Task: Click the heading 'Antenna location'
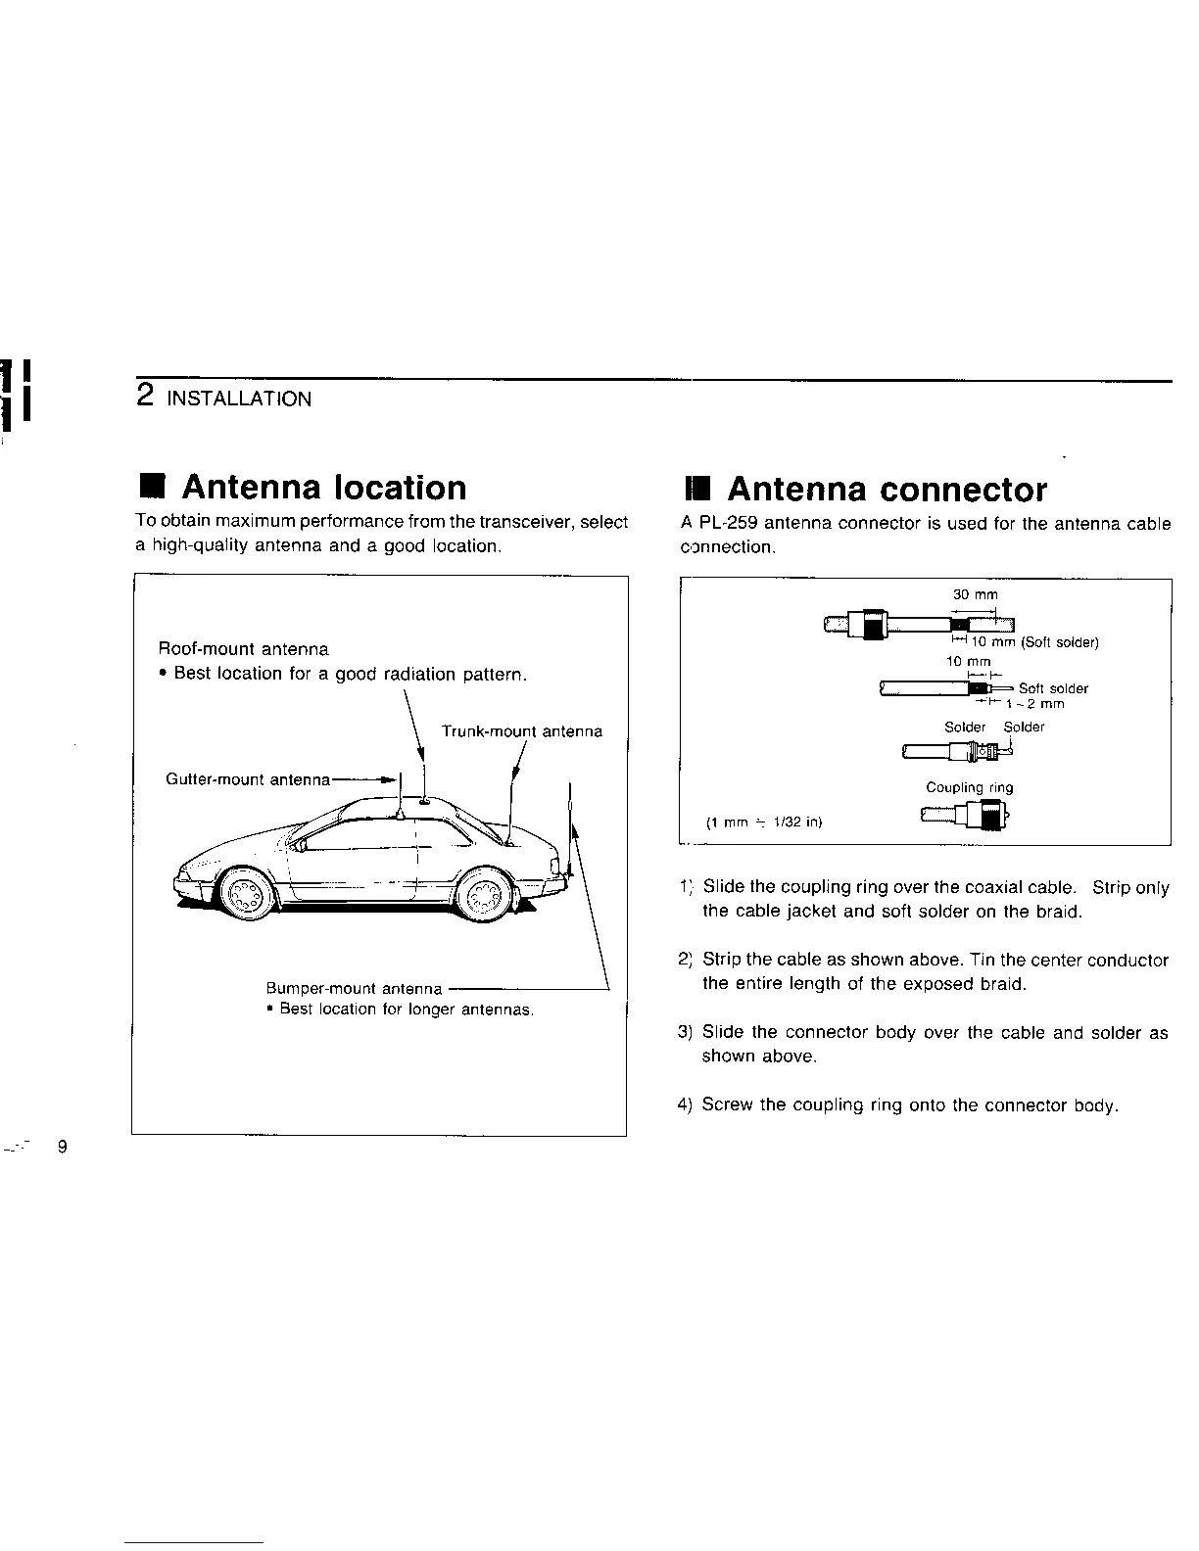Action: point(324,488)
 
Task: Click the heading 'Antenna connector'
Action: point(887,490)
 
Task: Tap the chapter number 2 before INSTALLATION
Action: point(145,396)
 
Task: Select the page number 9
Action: point(63,1147)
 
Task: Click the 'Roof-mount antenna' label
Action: point(244,649)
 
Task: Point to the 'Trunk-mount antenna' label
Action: point(521,731)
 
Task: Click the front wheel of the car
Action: point(244,892)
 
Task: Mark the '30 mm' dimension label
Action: point(975,594)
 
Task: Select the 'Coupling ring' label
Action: point(969,787)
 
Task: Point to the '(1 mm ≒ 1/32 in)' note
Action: point(763,822)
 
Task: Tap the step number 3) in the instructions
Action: point(686,1032)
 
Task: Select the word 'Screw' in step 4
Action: point(728,1105)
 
